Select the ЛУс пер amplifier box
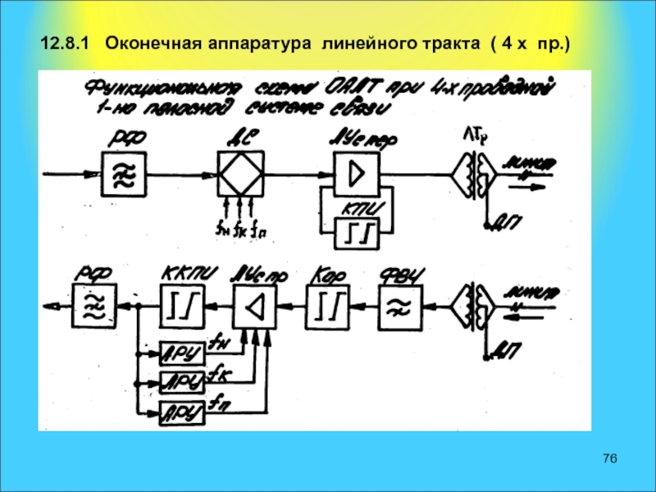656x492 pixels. coord(356,174)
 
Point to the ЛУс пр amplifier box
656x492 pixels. coord(255,307)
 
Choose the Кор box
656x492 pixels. coord(326,307)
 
